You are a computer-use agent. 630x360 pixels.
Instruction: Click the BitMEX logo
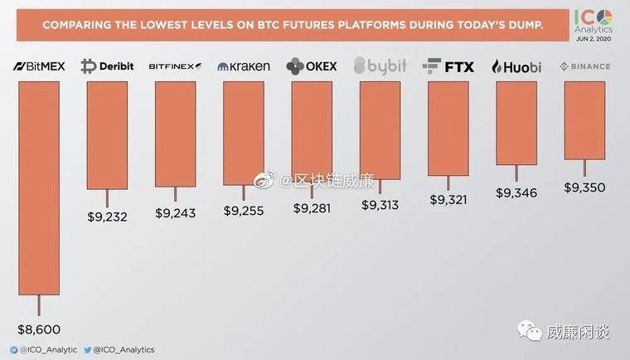(39, 66)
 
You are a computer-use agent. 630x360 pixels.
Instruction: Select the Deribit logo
(107, 66)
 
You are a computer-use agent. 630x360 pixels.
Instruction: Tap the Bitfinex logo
(175, 66)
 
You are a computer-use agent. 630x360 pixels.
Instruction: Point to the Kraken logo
(243, 66)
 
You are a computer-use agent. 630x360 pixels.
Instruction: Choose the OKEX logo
(311, 66)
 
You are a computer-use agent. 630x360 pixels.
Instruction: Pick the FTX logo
(448, 66)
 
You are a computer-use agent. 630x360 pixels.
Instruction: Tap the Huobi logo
(516, 66)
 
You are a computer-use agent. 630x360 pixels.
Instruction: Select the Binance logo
(584, 66)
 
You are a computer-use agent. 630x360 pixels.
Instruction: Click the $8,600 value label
(39, 329)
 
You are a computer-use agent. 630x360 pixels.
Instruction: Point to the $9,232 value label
(107, 216)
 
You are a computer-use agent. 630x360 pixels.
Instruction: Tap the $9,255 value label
(243, 211)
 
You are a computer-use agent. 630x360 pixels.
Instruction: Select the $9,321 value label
(448, 200)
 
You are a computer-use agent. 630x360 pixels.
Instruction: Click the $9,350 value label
(584, 187)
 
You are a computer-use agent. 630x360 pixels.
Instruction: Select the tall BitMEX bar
(39, 187)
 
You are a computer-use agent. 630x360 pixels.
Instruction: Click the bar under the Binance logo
(584, 120)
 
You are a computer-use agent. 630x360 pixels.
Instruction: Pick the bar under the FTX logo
(448, 129)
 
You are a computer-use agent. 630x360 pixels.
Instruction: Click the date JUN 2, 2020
(594, 38)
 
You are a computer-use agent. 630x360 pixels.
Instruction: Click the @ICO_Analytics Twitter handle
(124, 350)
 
